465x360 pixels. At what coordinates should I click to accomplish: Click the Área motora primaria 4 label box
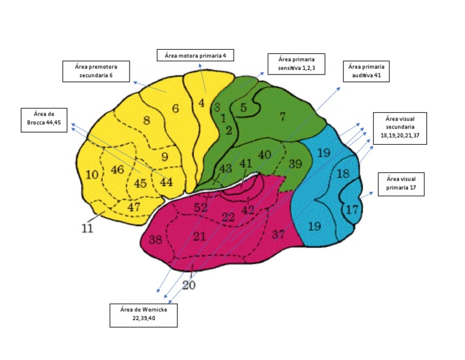click(195, 56)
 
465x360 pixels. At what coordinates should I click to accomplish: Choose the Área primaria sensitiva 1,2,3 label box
click(297, 64)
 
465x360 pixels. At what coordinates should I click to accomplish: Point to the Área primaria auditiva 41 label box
click(366, 71)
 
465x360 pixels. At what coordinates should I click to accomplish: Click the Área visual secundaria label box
click(400, 128)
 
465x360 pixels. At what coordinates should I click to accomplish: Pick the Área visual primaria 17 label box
click(401, 184)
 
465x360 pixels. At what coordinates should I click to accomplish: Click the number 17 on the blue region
click(352, 210)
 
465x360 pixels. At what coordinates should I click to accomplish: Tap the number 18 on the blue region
click(343, 174)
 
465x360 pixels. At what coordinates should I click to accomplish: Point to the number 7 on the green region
click(282, 115)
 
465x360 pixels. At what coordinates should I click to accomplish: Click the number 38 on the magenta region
click(155, 239)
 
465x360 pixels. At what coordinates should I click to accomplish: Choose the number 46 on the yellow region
click(117, 170)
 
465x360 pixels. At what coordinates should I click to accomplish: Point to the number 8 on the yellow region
click(146, 120)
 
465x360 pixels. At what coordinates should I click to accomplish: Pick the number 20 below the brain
click(189, 285)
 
